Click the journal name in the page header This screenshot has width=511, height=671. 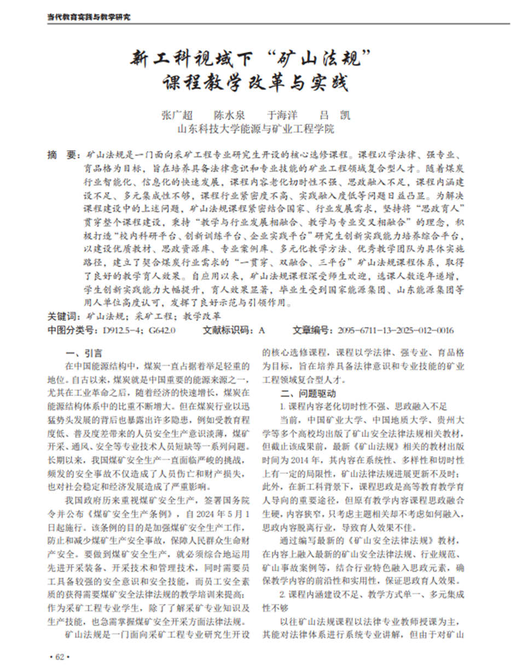tap(89, 17)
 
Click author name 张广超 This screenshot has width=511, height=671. tap(177, 116)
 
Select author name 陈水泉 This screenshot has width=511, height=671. tap(229, 116)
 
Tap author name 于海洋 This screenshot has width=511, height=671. tap(282, 116)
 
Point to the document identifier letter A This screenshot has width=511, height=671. tap(262, 330)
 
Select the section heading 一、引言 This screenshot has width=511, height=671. tap(83, 353)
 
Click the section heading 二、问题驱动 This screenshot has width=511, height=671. tap(309, 393)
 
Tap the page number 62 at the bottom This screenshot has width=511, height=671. tap(56, 656)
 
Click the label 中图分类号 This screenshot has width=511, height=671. tap(69, 330)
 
